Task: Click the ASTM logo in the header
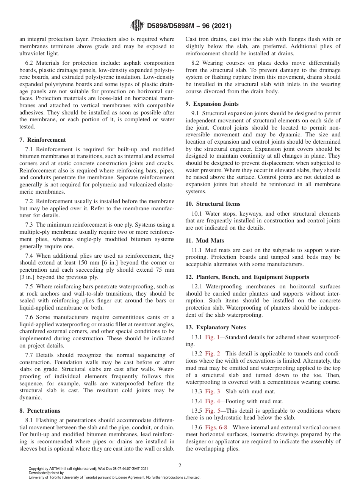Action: (x=137, y=26)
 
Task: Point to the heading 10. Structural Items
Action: (x=213, y=204)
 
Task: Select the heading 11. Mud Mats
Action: (x=205, y=241)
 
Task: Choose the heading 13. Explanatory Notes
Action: (x=215, y=327)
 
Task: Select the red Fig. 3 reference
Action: (x=212, y=391)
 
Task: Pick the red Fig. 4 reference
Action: (x=212, y=401)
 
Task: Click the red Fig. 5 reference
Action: (x=212, y=411)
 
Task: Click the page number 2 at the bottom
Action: (x=180, y=466)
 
